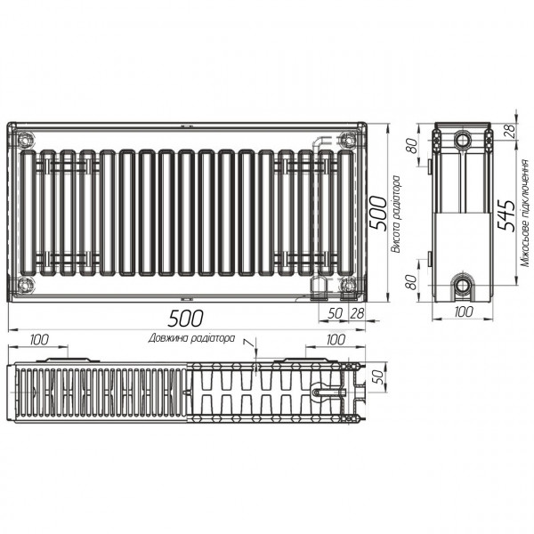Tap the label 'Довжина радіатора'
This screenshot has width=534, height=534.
coord(192,338)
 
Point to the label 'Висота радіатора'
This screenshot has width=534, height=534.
coord(396,214)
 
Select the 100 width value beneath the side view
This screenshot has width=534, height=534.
coord(463,312)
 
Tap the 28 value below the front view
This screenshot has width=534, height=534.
coord(358,312)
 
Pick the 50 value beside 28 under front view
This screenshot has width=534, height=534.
coord(335,312)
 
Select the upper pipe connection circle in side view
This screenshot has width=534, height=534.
coord(463,142)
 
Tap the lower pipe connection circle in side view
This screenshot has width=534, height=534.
coord(463,286)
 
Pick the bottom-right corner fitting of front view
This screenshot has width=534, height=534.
coord(347,285)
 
